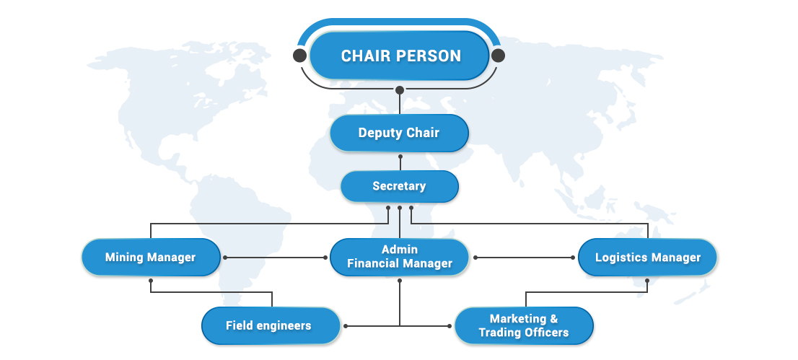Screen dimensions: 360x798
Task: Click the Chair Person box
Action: tap(400, 56)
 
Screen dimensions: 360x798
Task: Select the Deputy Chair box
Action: tap(399, 133)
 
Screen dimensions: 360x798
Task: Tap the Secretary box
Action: tap(399, 186)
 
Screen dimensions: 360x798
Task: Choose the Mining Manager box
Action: tap(150, 257)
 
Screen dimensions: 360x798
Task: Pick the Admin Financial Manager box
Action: tap(399, 257)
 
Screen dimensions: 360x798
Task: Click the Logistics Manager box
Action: tap(647, 257)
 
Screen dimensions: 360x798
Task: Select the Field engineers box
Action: tap(270, 325)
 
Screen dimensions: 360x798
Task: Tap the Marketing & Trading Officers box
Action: tap(524, 325)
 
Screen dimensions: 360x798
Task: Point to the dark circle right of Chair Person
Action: tap(498, 56)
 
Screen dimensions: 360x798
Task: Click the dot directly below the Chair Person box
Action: tap(400, 90)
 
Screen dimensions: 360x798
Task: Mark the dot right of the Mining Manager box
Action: tap(225, 257)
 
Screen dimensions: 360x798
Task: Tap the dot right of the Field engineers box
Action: tap(346, 326)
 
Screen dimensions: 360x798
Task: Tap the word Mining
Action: tap(124, 257)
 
